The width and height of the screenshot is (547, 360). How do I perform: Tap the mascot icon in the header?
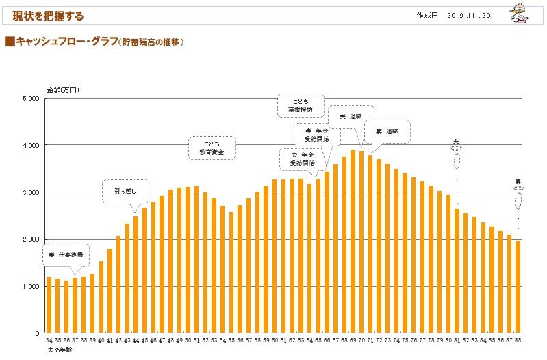tap(524, 14)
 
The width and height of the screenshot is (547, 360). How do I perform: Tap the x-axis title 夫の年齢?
tap(60, 349)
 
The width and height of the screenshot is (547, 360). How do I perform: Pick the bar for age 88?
tap(518, 287)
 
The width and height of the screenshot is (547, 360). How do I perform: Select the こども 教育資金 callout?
tap(212, 148)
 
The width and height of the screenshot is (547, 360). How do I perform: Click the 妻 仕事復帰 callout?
tap(66, 255)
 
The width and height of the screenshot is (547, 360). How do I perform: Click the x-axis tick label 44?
tap(136, 340)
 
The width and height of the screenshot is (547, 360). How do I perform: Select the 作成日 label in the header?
tap(427, 15)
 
